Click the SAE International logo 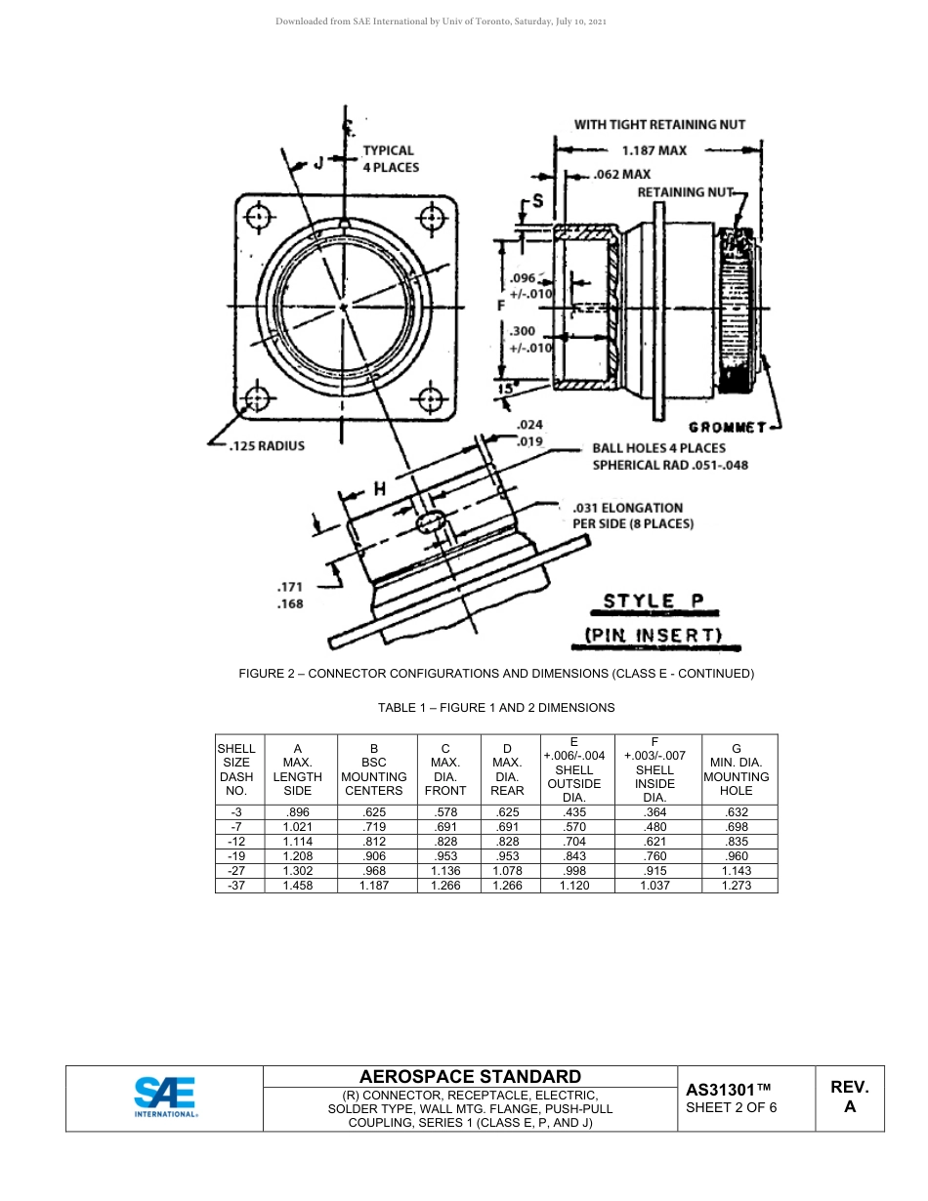point(165,1097)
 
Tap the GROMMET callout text point(728,427)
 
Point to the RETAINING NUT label point(685,192)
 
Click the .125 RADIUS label point(266,446)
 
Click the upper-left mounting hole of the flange point(259,217)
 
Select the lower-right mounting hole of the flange point(429,398)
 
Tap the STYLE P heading point(654,600)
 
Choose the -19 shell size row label point(236,854)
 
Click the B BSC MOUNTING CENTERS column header point(374,769)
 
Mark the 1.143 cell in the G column point(737,870)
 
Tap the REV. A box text point(849,1097)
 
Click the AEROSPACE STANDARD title point(470,1076)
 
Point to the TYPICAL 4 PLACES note point(390,158)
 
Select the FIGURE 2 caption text point(496,674)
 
